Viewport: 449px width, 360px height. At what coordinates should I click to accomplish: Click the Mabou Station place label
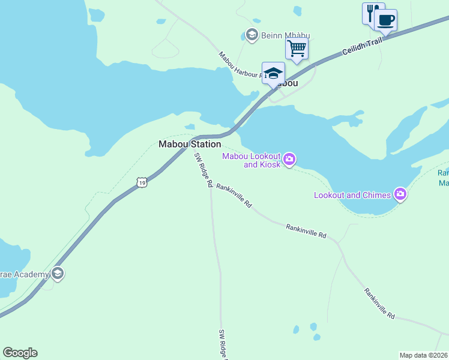[x=190, y=144]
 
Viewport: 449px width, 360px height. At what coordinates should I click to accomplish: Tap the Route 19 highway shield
[x=141, y=181]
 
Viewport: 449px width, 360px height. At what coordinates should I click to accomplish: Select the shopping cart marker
[x=297, y=48]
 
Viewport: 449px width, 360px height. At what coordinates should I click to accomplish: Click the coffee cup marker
[x=385, y=20]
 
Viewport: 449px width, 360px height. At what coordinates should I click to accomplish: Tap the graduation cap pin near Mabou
[x=273, y=73]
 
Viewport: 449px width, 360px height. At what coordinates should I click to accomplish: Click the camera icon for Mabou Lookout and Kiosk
[x=290, y=159]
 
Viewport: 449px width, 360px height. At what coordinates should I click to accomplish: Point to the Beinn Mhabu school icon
[x=252, y=35]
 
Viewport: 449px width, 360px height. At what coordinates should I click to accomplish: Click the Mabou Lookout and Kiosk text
[x=252, y=160]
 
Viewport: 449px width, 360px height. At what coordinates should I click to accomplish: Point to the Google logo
[x=20, y=353]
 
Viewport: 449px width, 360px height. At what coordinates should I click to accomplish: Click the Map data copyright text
[x=424, y=355]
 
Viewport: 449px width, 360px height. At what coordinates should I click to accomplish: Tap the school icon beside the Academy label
[x=58, y=274]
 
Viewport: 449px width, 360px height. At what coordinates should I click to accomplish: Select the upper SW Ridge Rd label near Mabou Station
[x=203, y=170]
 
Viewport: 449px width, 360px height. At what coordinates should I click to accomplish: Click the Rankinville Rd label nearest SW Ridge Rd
[x=234, y=196]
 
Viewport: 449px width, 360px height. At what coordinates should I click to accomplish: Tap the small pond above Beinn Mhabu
[x=298, y=11]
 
